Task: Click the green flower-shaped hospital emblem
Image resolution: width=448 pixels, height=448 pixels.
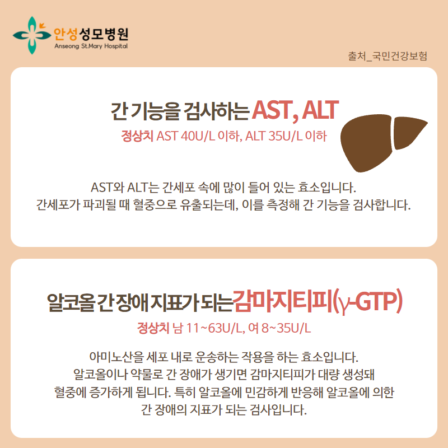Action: pyautogui.click(x=32, y=35)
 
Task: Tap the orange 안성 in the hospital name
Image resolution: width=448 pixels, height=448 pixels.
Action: pyautogui.click(x=66, y=34)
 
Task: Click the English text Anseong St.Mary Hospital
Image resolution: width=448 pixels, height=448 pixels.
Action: pyautogui.click(x=91, y=46)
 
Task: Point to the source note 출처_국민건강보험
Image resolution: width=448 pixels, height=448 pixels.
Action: pyautogui.click(x=388, y=56)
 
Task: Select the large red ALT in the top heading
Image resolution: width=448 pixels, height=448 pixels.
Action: pyautogui.click(x=320, y=110)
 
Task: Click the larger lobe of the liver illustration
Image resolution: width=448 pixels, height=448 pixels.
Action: pyautogui.click(x=366, y=143)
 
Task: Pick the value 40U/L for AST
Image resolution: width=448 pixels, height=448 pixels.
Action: pyautogui.click(x=198, y=136)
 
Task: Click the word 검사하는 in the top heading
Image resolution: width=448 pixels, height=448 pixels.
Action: pyautogui.click(x=216, y=111)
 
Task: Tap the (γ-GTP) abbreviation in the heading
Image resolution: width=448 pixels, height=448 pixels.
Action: pyautogui.click(x=368, y=302)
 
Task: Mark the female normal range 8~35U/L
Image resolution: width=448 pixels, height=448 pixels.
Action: pyautogui.click(x=286, y=328)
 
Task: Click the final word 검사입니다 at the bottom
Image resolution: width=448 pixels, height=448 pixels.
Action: pyautogui.click(x=278, y=410)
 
